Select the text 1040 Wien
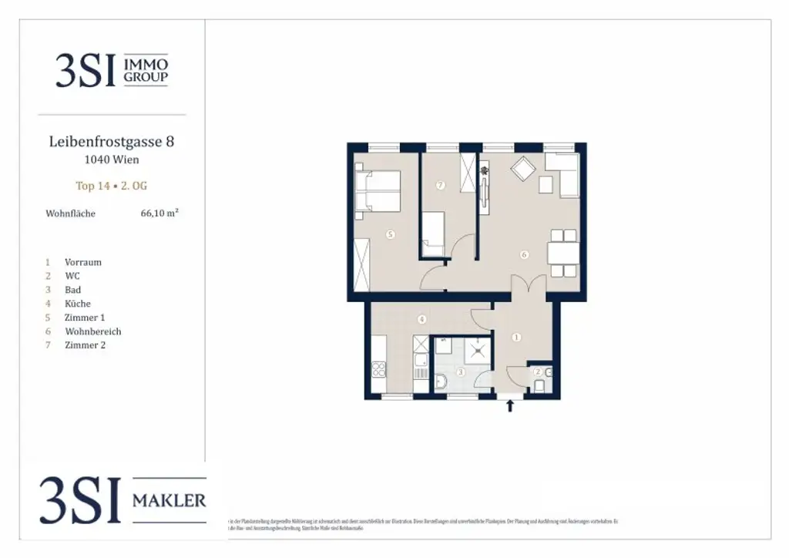tap(112, 160)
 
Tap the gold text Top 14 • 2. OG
tap(112, 186)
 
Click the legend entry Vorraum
tap(83, 262)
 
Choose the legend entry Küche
tap(79, 304)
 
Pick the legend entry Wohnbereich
tap(93, 331)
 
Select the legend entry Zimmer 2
tap(86, 345)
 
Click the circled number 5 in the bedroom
tap(391, 234)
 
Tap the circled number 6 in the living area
tap(524, 254)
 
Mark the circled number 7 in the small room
tap(439, 185)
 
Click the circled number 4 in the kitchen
tap(421, 319)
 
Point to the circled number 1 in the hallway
tap(516, 337)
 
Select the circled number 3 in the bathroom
tap(460, 372)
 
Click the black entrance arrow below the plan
tap(509, 406)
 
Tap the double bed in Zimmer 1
tap(378, 191)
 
